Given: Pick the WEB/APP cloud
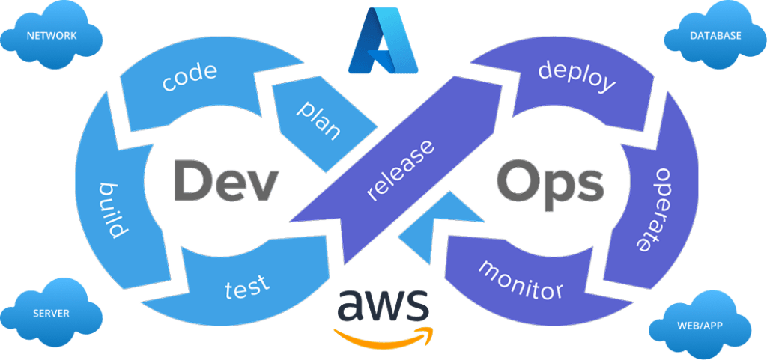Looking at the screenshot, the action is pyautogui.click(x=700, y=325).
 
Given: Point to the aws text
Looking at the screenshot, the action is pyautogui.click(x=383, y=303).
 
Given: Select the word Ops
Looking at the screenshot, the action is pyautogui.click(x=551, y=182).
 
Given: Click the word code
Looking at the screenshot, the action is pyautogui.click(x=190, y=77).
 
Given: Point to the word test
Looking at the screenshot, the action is pyautogui.click(x=247, y=287).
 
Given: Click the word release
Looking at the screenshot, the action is pyautogui.click(x=400, y=170).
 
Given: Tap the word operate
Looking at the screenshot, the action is pyautogui.click(x=653, y=210).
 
